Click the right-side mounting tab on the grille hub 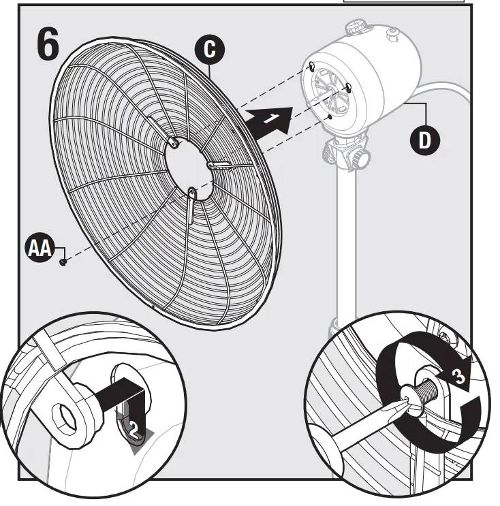(x=219, y=164)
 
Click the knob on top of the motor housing (x=354, y=29)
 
